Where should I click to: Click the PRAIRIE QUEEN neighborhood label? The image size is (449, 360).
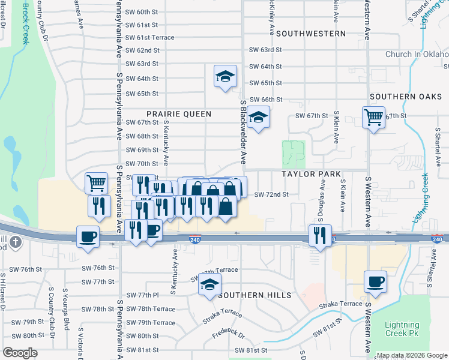tap(179, 113)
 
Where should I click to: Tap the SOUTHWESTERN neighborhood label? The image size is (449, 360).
tap(311, 34)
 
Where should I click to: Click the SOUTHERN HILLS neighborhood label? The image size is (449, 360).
tap(255, 295)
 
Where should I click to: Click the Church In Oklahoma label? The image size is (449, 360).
tap(417, 54)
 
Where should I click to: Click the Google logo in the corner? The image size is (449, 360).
tap(20, 352)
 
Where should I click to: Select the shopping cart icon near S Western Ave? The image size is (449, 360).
tap(373, 116)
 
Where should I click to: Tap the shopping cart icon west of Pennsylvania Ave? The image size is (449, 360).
tap(96, 182)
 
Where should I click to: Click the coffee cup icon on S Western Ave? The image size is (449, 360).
tap(376, 281)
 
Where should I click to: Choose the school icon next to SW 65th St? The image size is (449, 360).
tap(225, 76)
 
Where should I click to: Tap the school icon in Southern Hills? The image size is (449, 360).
tap(209, 284)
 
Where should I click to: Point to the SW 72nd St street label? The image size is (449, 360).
tap(272, 194)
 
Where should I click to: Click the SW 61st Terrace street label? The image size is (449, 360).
tap(149, 37)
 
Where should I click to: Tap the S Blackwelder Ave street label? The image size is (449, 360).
tap(244, 132)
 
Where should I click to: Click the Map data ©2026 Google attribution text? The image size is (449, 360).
tap(412, 355)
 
